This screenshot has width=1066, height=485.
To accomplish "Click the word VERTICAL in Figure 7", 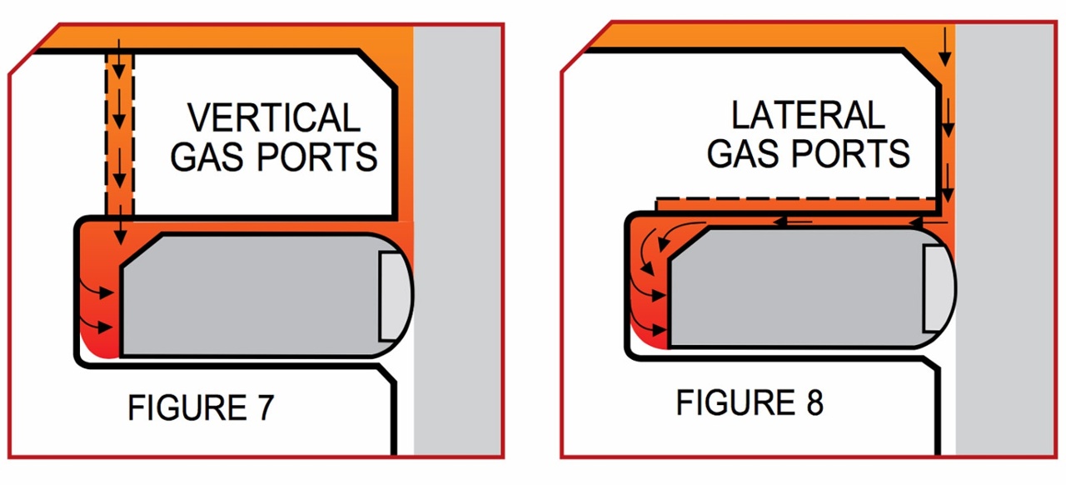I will click(274, 117).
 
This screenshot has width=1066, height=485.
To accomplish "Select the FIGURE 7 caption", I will click(201, 408).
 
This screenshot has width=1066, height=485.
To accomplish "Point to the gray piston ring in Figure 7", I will click(250, 297).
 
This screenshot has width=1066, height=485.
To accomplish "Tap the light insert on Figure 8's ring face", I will click(937, 287).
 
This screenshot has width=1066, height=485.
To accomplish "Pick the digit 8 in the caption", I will click(814, 403).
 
